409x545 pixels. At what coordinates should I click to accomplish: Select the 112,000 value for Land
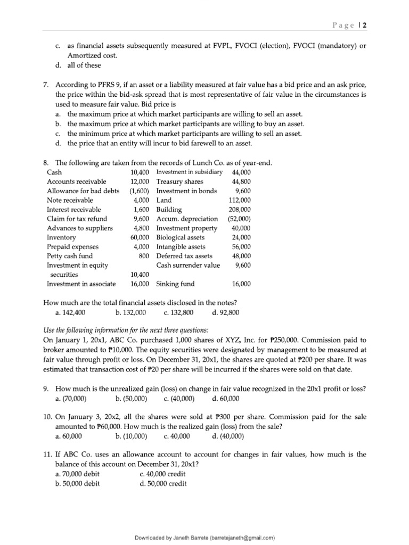point(239,200)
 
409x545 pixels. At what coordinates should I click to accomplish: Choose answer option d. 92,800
point(225,312)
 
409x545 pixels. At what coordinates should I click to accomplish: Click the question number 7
point(46,86)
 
